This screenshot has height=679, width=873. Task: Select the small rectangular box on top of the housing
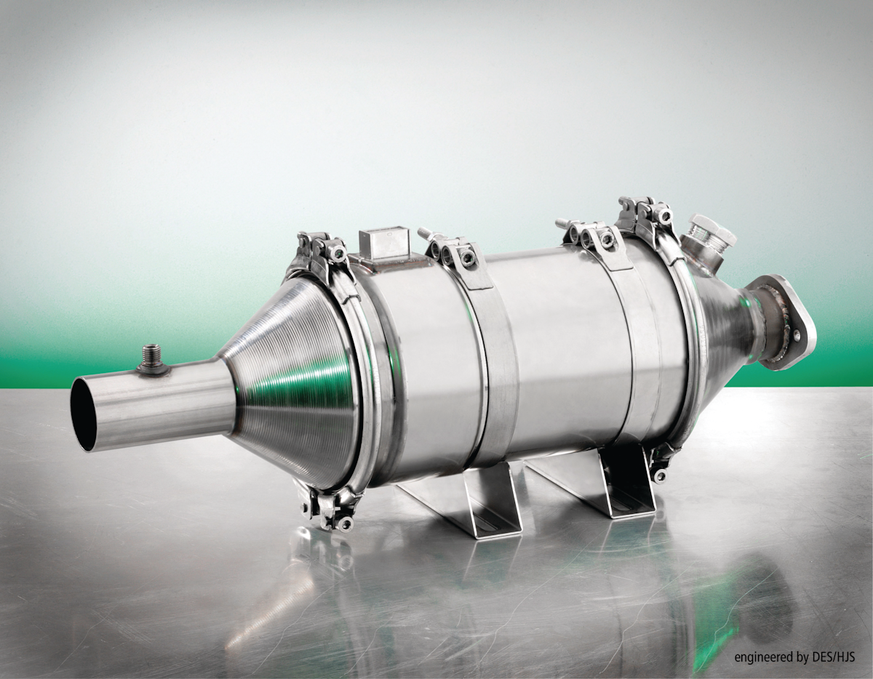point(383,244)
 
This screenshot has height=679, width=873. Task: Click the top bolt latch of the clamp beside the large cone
point(321,248)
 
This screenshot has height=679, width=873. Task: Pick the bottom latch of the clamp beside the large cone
point(331,508)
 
